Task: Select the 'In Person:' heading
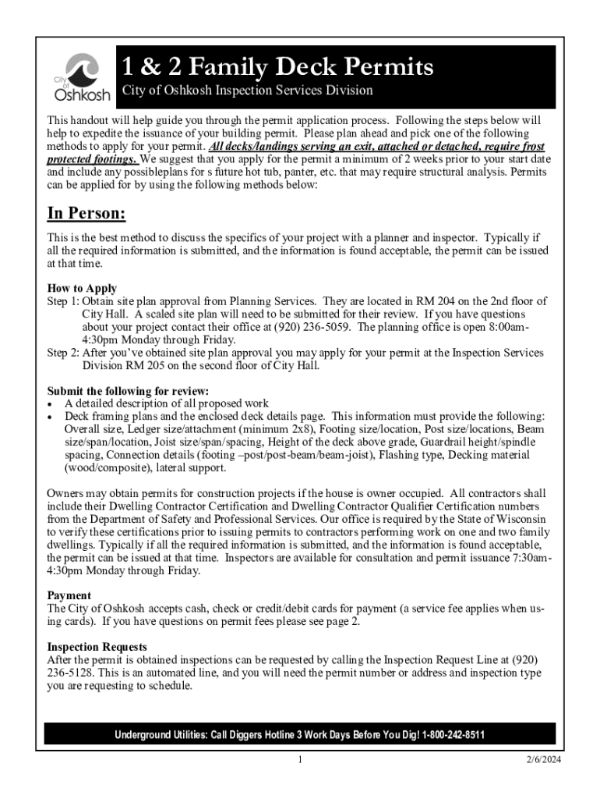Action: [86, 214]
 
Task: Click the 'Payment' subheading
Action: [69, 595]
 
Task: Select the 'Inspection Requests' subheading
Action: [97, 647]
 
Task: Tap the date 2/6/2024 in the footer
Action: [542, 760]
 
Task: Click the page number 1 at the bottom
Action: [299, 760]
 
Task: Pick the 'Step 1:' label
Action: [63, 301]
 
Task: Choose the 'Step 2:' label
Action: [63, 353]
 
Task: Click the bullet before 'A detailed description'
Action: [51, 404]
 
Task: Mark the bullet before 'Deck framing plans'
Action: [51, 417]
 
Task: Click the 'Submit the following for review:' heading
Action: [128, 391]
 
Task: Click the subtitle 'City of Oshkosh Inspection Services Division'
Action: [247, 91]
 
